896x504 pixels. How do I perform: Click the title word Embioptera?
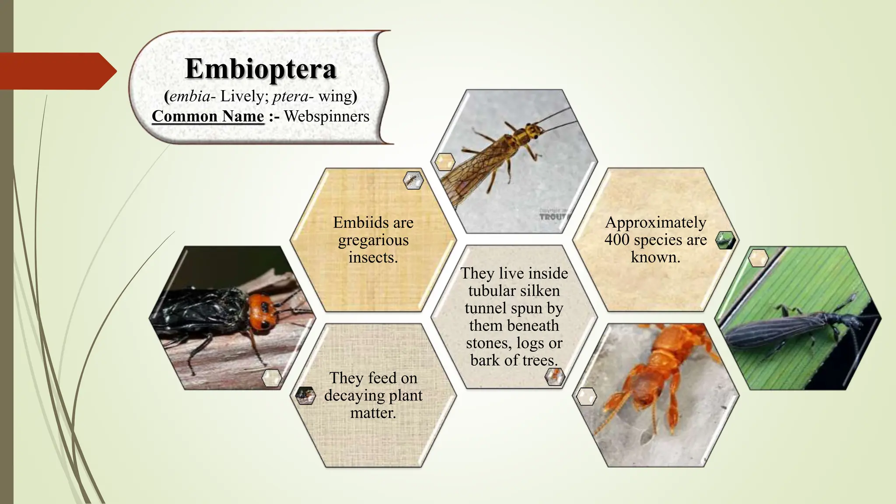[261, 69]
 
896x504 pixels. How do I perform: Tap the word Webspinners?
[327, 116]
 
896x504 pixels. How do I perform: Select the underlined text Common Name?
[208, 116]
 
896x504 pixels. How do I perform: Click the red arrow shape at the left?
[57, 71]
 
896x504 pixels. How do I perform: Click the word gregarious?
[373, 240]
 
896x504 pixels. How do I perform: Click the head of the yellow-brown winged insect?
[534, 130]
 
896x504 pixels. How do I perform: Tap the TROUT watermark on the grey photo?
[554, 217]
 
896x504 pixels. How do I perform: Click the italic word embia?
[189, 96]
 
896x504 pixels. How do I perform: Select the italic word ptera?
[290, 96]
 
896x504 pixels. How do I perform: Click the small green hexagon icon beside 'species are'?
[725, 240]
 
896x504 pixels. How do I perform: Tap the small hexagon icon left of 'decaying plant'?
[305, 395]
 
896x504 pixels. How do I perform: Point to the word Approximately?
[655, 222]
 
